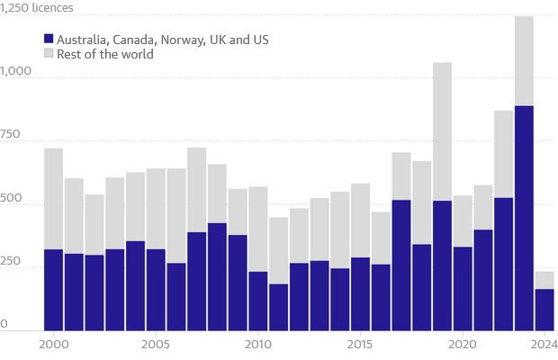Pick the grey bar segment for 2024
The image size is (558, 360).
[x=544, y=280]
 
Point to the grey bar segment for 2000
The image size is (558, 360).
[x=53, y=199]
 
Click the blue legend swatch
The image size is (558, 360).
[x=49, y=40]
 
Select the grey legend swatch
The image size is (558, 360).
[x=49, y=55]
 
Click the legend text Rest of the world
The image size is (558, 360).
[x=105, y=55]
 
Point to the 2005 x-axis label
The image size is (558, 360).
[x=155, y=345]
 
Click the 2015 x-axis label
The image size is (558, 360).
[x=360, y=345]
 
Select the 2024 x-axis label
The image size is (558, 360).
[x=544, y=345]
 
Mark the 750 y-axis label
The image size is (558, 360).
[x=12, y=134]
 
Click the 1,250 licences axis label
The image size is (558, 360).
[x=37, y=8]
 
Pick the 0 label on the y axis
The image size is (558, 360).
[x=4, y=323]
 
